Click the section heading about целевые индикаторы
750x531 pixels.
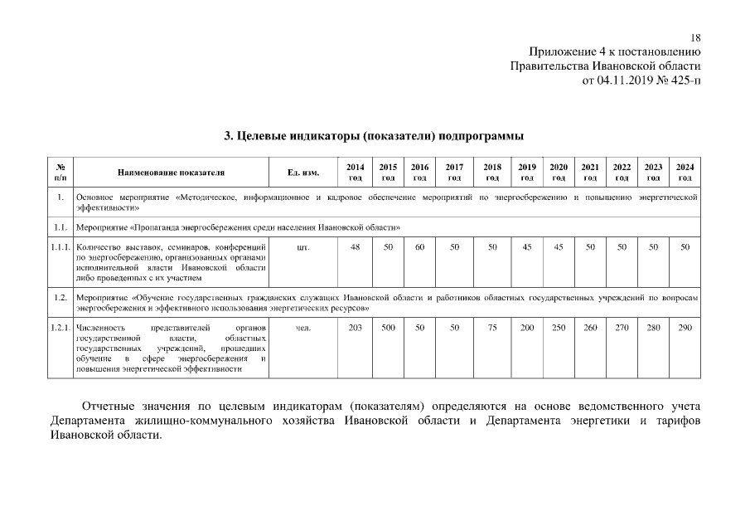click(x=375, y=135)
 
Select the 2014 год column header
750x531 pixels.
click(x=355, y=172)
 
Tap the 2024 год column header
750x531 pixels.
click(x=685, y=172)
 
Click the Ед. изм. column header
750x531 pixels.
click(x=303, y=173)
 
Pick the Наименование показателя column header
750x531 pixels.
click(x=171, y=173)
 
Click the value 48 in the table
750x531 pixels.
click(x=355, y=247)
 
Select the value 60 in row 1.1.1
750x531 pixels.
click(x=420, y=247)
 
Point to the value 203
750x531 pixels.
click(x=355, y=328)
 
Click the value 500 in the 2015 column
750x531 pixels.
click(x=388, y=328)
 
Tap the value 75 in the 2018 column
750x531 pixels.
click(x=492, y=328)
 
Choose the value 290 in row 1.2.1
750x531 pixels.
click(x=685, y=328)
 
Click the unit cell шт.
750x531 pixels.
click(x=303, y=247)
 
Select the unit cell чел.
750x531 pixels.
click(x=303, y=328)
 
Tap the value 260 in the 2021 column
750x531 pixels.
click(x=590, y=328)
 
